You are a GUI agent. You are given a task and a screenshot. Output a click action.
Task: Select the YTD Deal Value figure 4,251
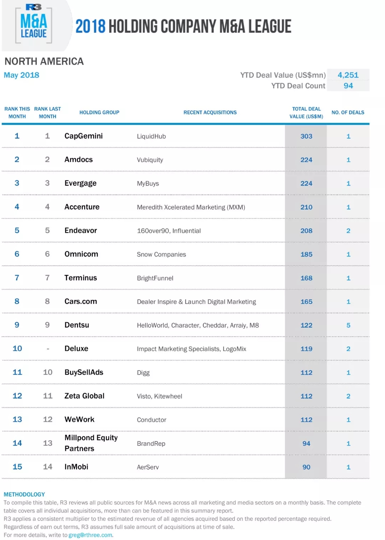pos(348,75)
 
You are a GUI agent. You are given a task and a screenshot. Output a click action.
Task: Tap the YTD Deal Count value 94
pos(348,86)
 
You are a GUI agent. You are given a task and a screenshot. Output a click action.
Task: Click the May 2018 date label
pos(21,75)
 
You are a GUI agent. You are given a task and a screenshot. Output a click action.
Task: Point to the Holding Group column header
pos(99,112)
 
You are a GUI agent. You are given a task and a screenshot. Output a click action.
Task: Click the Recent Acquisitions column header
pos(210,112)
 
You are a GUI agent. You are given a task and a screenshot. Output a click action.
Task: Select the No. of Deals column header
pos(348,112)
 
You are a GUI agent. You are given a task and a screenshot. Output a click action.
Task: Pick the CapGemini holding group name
pos(83,136)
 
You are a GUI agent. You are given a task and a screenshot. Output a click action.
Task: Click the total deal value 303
pos(306,136)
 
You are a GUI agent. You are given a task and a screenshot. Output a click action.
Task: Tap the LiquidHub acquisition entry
pos(151,136)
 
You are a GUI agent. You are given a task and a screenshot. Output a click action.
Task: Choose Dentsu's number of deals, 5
pos(348,325)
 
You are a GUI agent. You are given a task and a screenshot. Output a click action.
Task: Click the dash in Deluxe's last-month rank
pos(48,349)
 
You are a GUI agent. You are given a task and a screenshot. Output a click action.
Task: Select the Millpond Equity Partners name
pos(91,443)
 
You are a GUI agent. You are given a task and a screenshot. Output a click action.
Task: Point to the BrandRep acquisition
pos(151,443)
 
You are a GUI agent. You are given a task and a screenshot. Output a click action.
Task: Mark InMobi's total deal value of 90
pos(306,467)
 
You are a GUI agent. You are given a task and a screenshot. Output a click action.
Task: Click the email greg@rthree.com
pos(91,535)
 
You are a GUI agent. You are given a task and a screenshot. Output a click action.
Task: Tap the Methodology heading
pos(24,494)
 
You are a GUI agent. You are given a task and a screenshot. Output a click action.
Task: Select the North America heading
pos(44,61)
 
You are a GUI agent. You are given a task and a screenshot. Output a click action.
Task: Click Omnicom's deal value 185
pos(306,254)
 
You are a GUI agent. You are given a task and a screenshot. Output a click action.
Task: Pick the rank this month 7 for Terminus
pos(17,278)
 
